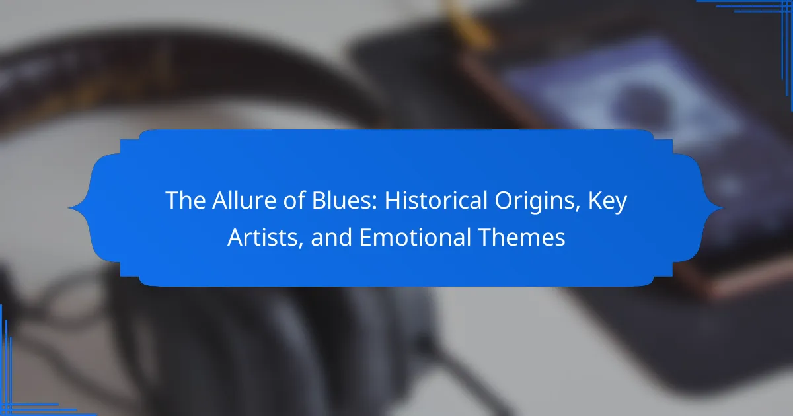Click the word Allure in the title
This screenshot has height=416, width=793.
coord(244,200)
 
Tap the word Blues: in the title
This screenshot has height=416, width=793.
coord(344,200)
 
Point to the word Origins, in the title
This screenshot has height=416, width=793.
coord(537,201)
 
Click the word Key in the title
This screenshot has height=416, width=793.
coord(607,201)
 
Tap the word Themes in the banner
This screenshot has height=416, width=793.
coord(522,237)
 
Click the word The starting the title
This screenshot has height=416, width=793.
coord(185,200)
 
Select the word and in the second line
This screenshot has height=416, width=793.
coord(331,237)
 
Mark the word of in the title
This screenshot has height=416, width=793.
coord(294,200)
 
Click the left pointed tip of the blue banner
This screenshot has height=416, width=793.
coord(68,208)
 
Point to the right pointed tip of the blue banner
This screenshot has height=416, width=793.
coord(722,208)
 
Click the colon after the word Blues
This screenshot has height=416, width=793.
coord(374,204)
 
